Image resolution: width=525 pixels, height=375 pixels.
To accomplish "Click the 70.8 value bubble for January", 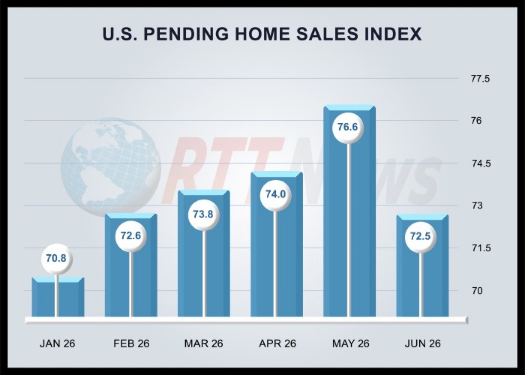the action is [x=56, y=259].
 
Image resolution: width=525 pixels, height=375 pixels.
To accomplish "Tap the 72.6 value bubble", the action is [x=131, y=236].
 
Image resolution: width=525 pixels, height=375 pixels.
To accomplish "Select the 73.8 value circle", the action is [x=203, y=215].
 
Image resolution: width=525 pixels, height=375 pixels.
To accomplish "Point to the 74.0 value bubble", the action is [x=275, y=195].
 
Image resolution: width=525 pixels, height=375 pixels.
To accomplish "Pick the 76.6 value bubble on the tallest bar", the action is [x=348, y=127].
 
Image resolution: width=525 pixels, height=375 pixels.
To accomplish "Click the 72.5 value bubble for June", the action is [x=421, y=237].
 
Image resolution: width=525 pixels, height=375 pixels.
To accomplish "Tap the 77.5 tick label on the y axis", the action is [x=480, y=79].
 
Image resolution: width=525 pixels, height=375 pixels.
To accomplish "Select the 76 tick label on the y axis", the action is [x=477, y=121].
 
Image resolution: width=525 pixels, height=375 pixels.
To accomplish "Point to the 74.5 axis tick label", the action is [x=481, y=164].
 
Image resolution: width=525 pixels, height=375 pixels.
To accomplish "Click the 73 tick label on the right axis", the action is [x=477, y=206].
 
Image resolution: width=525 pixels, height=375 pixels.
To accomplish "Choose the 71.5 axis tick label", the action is [x=481, y=248].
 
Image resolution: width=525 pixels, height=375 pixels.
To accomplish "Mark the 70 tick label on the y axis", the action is [x=477, y=291].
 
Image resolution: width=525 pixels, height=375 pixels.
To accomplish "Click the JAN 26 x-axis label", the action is [x=57, y=344].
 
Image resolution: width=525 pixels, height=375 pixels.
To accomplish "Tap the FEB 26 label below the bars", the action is [x=131, y=344].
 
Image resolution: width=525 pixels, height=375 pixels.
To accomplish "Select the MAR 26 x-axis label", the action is [x=204, y=344].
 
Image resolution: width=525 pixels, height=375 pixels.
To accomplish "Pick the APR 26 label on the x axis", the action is [x=277, y=344].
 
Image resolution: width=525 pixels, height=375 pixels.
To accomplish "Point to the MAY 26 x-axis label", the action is [x=350, y=344].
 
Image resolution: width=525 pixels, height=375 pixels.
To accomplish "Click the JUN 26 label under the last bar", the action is [x=423, y=344].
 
